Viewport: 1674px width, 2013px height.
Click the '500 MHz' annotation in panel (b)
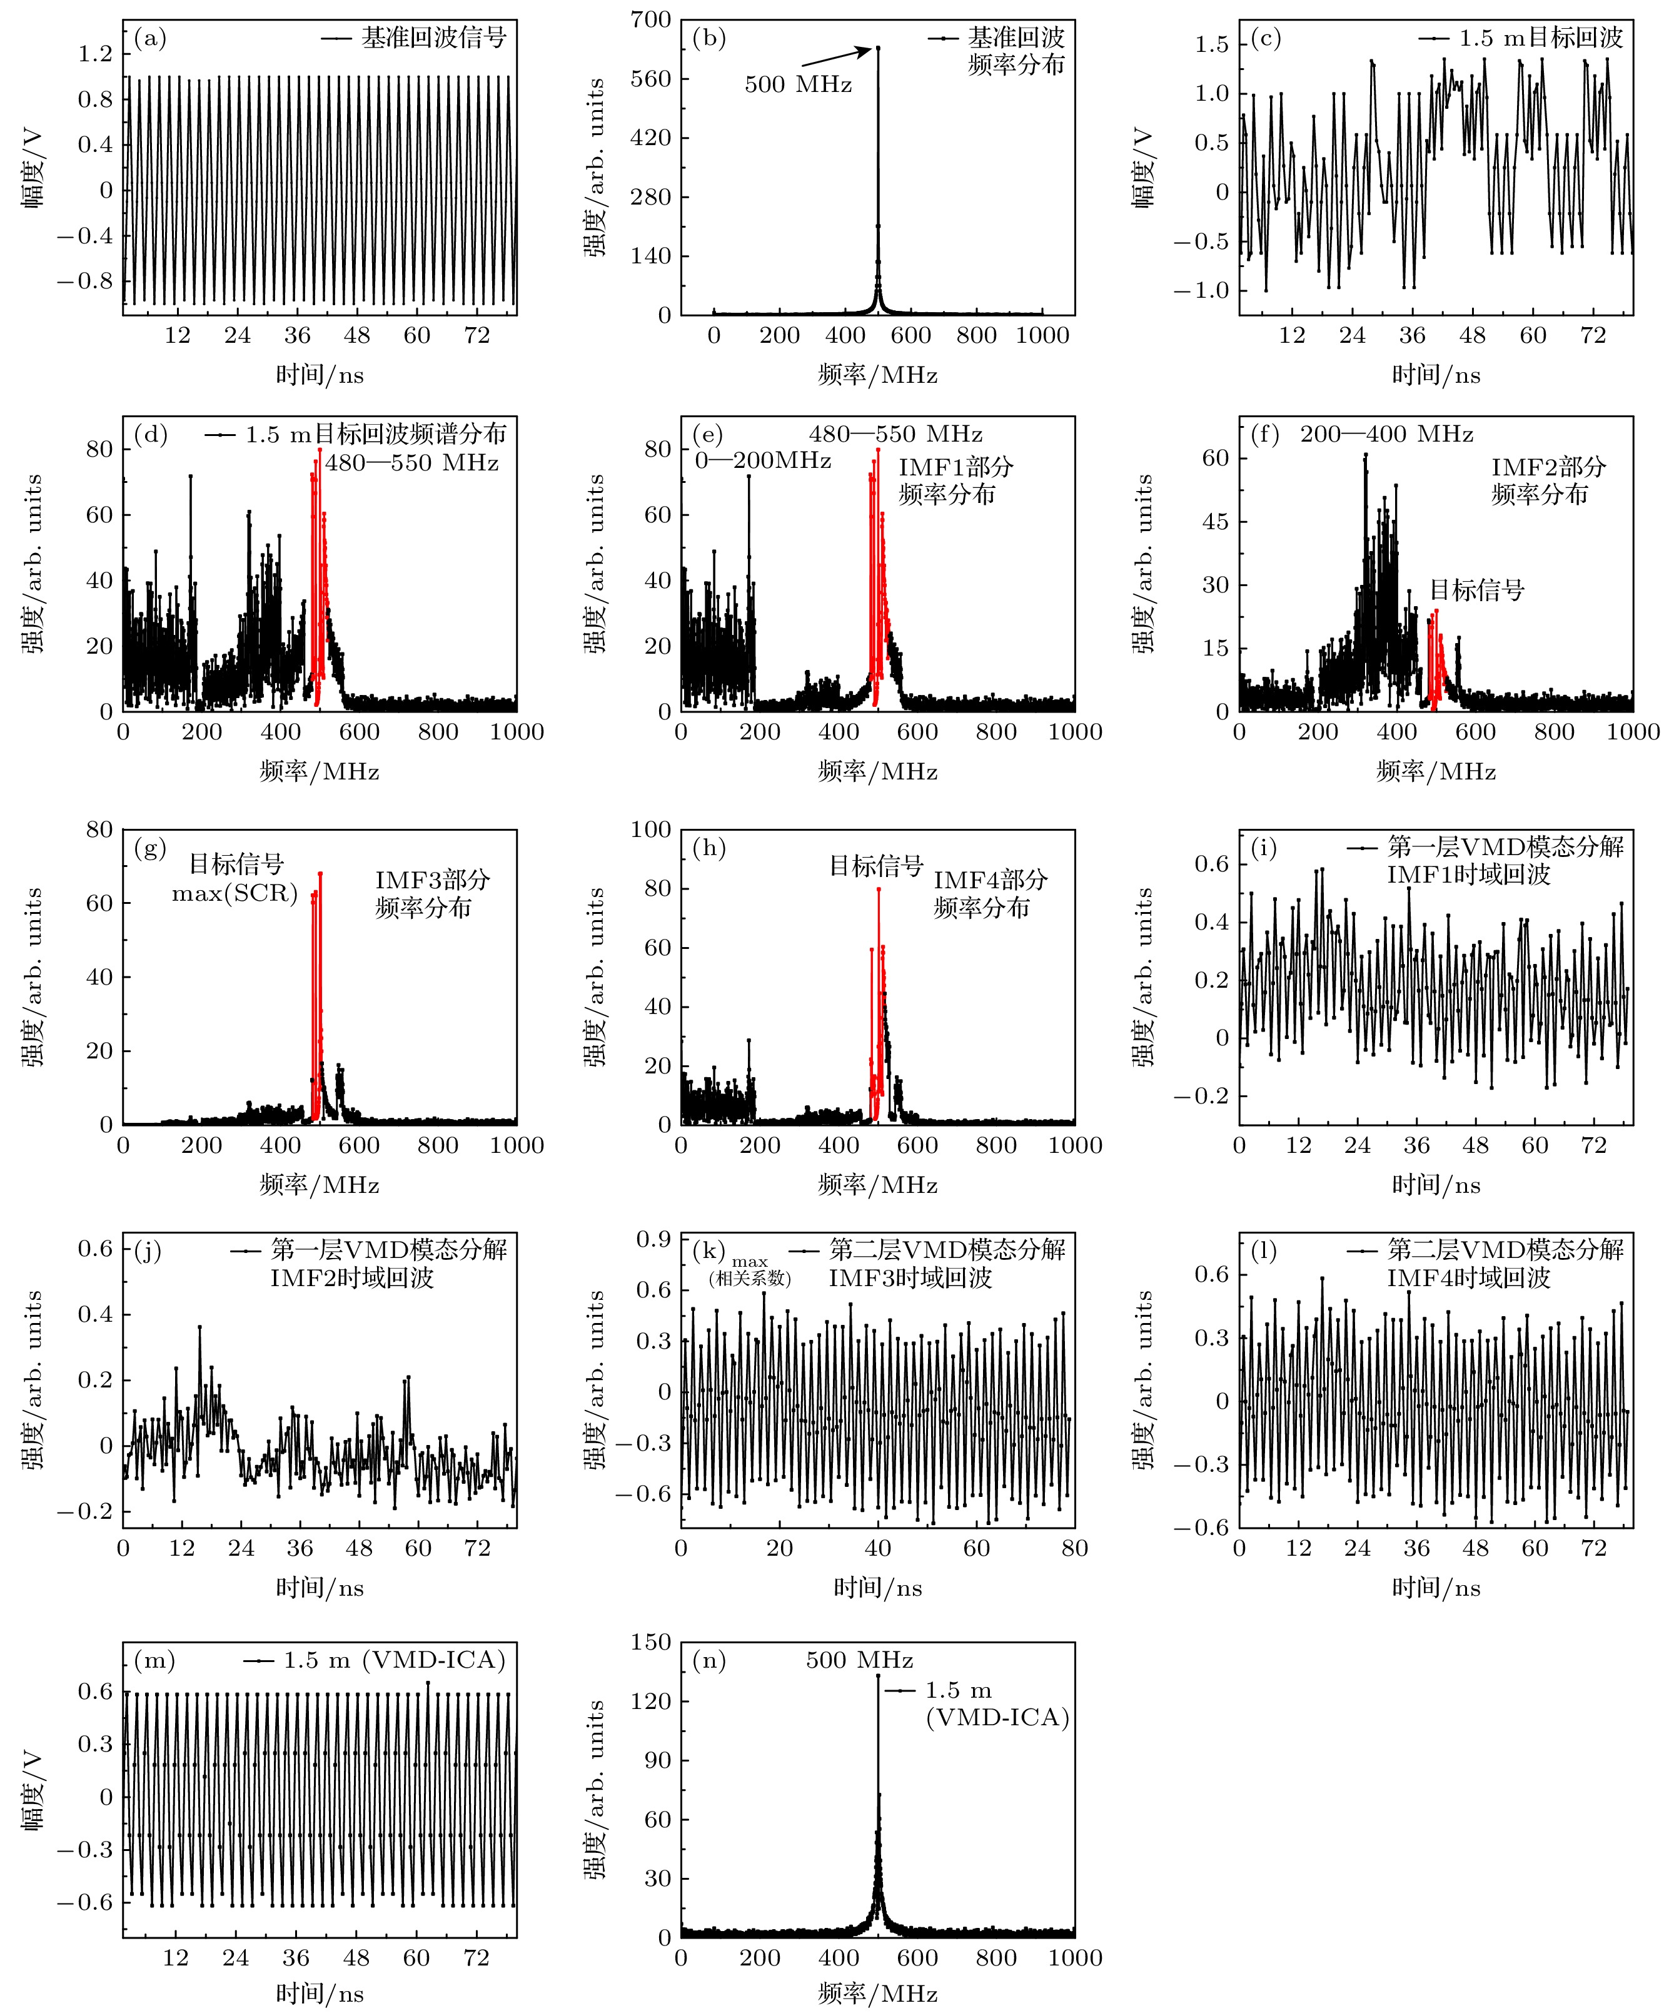[797, 84]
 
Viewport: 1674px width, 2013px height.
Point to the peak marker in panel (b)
[878, 48]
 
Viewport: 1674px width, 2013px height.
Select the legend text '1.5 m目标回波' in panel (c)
[1541, 38]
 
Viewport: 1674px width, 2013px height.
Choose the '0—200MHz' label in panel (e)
[763, 461]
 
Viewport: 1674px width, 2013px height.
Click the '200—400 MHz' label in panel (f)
[1386, 434]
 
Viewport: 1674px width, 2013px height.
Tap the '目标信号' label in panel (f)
[1476, 589]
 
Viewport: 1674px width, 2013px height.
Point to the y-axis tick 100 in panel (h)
[650, 830]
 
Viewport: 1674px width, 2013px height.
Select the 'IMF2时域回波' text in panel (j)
[351, 1278]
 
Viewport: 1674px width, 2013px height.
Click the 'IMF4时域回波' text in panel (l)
[1468, 1278]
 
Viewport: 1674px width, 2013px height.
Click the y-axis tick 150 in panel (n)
[650, 1642]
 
